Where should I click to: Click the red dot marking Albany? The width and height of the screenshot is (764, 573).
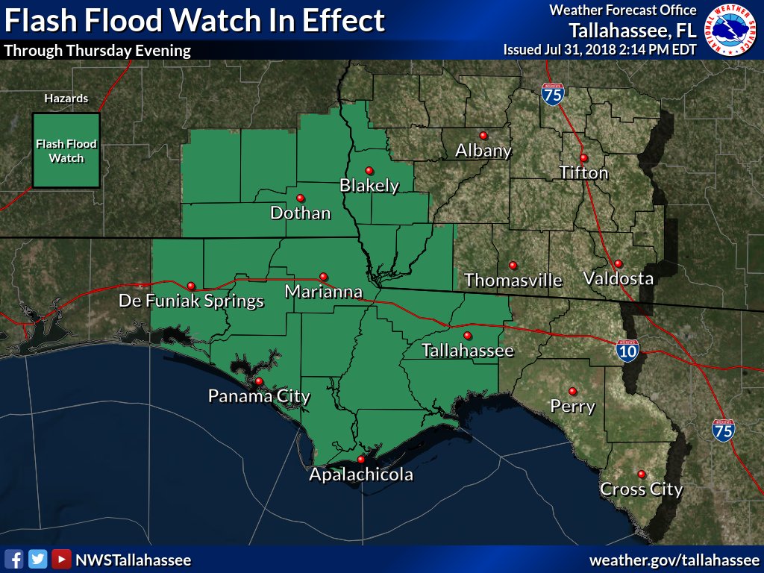[483, 135]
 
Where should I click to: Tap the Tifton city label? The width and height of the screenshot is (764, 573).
[584, 173]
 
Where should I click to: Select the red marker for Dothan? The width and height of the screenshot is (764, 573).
[300, 198]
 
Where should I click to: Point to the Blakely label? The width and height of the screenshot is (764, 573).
[369, 186]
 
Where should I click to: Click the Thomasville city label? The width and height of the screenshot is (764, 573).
[513, 281]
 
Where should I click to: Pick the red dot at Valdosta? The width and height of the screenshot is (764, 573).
[619, 263]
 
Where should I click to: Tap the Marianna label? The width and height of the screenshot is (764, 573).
[324, 292]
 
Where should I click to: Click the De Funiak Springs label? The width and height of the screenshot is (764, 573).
[192, 301]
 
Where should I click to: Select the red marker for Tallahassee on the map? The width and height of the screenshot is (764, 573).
[468, 335]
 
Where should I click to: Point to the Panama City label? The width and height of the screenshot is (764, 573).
[259, 396]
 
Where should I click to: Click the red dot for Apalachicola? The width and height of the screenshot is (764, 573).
[361, 460]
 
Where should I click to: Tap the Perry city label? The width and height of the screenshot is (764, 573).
[572, 407]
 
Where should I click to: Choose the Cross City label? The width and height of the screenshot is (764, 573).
[642, 490]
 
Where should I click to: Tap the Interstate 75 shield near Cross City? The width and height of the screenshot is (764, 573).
[723, 429]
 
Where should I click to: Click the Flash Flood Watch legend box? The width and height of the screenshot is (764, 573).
[66, 151]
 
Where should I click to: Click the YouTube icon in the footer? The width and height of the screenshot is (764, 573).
[61, 560]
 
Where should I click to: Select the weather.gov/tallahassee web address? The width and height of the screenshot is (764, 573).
[674, 560]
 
